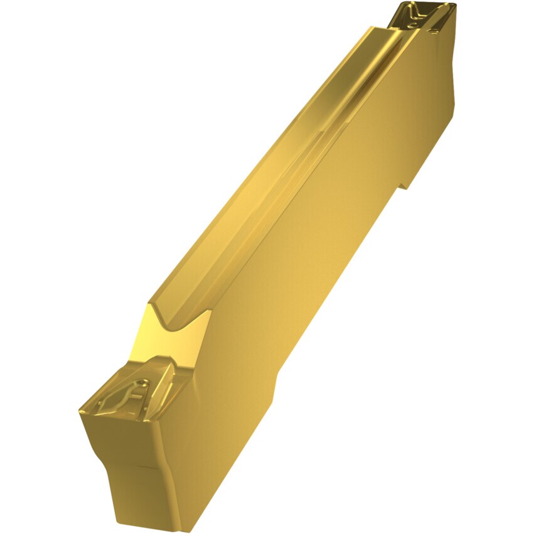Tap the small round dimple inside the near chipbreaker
[144, 382]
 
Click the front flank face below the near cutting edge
[126, 439]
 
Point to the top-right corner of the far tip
[453, 6]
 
